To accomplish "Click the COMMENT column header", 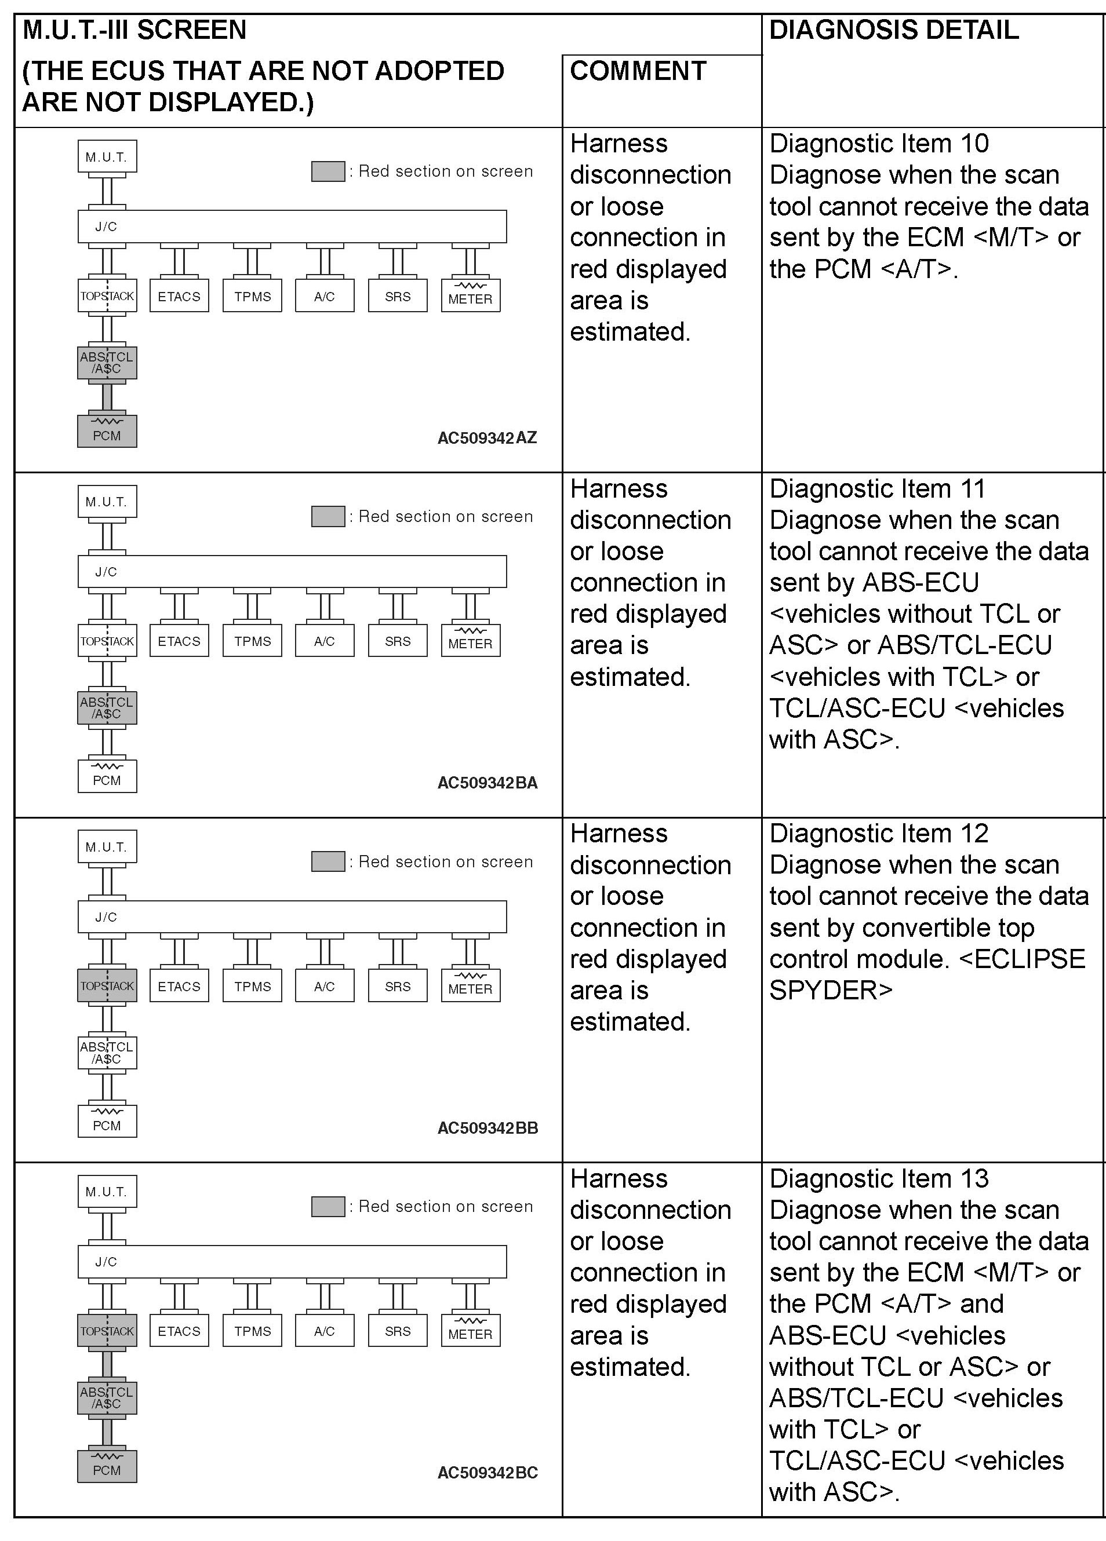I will click(638, 71).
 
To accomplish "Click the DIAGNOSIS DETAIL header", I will click(893, 30).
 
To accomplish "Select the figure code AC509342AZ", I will click(487, 438).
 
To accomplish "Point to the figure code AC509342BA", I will click(487, 783).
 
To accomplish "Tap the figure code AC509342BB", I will click(487, 1128).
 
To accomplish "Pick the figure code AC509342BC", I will click(487, 1473).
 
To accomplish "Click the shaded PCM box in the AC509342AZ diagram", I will click(107, 432).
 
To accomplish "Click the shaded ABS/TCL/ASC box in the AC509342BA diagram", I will click(107, 708).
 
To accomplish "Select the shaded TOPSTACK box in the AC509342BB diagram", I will click(107, 986).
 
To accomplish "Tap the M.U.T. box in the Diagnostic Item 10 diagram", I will click(107, 157).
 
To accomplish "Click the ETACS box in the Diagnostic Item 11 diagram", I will click(179, 641).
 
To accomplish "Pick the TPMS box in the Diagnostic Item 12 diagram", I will click(252, 987).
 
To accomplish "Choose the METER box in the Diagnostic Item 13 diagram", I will click(471, 1332).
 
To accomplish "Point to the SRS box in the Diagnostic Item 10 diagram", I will click(398, 296).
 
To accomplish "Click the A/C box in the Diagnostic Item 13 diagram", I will click(324, 1331).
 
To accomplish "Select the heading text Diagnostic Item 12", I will click(878, 834).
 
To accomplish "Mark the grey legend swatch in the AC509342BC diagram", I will click(328, 1207).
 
